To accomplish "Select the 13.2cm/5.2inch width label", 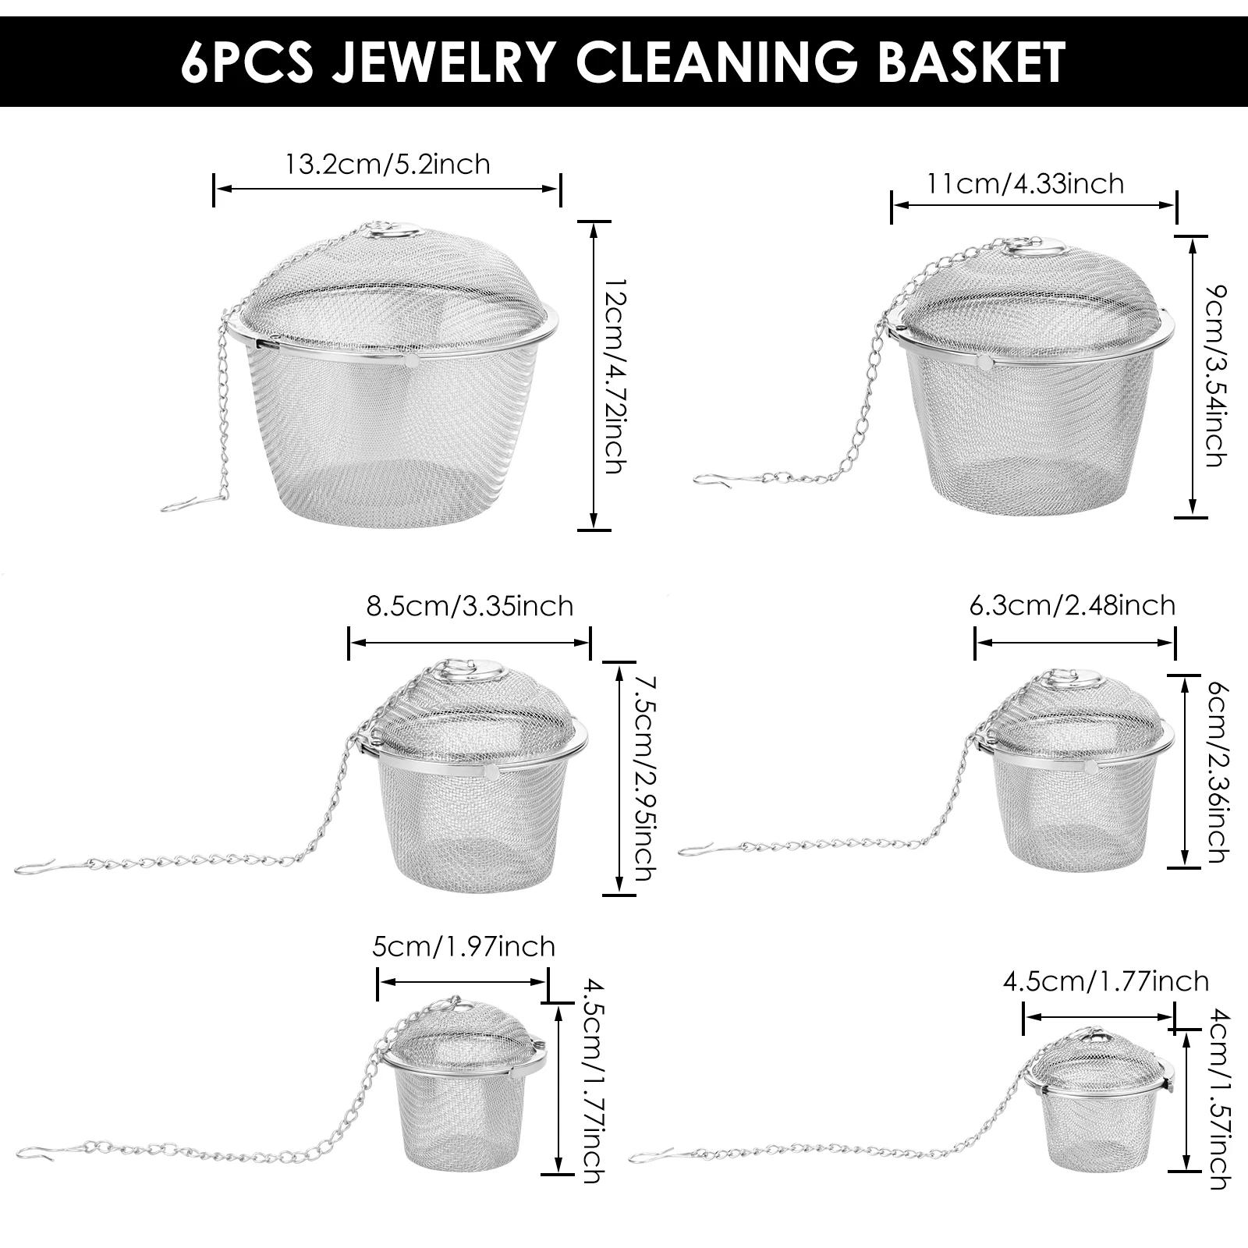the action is pyautogui.click(x=388, y=165).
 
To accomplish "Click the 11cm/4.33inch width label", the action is pyautogui.click(x=1025, y=184).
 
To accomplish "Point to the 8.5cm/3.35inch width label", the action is pyautogui.click(x=470, y=606).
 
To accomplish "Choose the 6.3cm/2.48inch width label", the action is pyautogui.click(x=1072, y=605).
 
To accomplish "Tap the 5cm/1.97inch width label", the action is pyautogui.click(x=464, y=947).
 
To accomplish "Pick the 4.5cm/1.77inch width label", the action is pyautogui.click(x=1106, y=981).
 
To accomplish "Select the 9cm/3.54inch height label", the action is pyautogui.click(x=1215, y=377).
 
